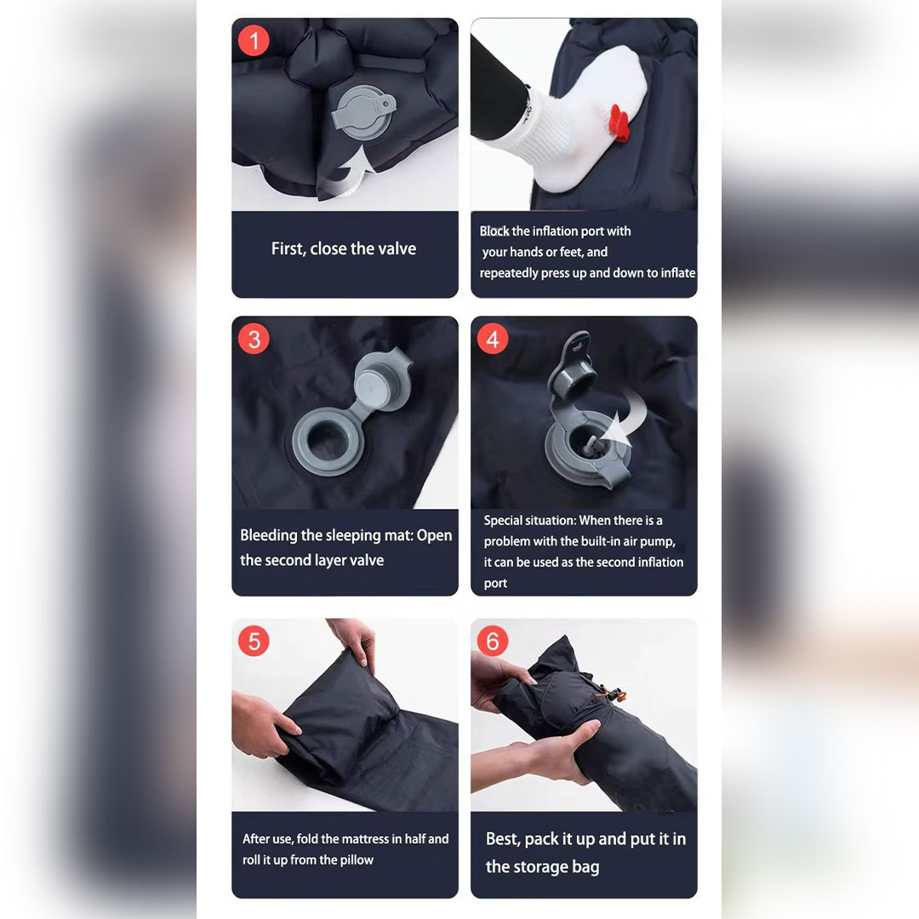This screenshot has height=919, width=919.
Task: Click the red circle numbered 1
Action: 254,41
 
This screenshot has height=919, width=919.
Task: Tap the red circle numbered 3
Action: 254,339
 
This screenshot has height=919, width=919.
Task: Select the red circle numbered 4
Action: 493,339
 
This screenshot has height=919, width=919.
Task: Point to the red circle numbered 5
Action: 254,642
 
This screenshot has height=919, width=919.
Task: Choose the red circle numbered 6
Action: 493,642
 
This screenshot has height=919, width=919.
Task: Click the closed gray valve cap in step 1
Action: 363,112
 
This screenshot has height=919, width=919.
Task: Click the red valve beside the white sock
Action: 619,123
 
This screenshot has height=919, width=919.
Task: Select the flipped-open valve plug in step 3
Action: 381,381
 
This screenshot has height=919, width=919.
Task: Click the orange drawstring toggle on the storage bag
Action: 614,694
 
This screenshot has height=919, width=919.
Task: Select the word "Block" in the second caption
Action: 494,231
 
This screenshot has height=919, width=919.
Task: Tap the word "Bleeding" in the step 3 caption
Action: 268,536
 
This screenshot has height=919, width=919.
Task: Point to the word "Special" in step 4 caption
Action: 502,521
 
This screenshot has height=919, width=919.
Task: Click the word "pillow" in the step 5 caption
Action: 357,859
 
